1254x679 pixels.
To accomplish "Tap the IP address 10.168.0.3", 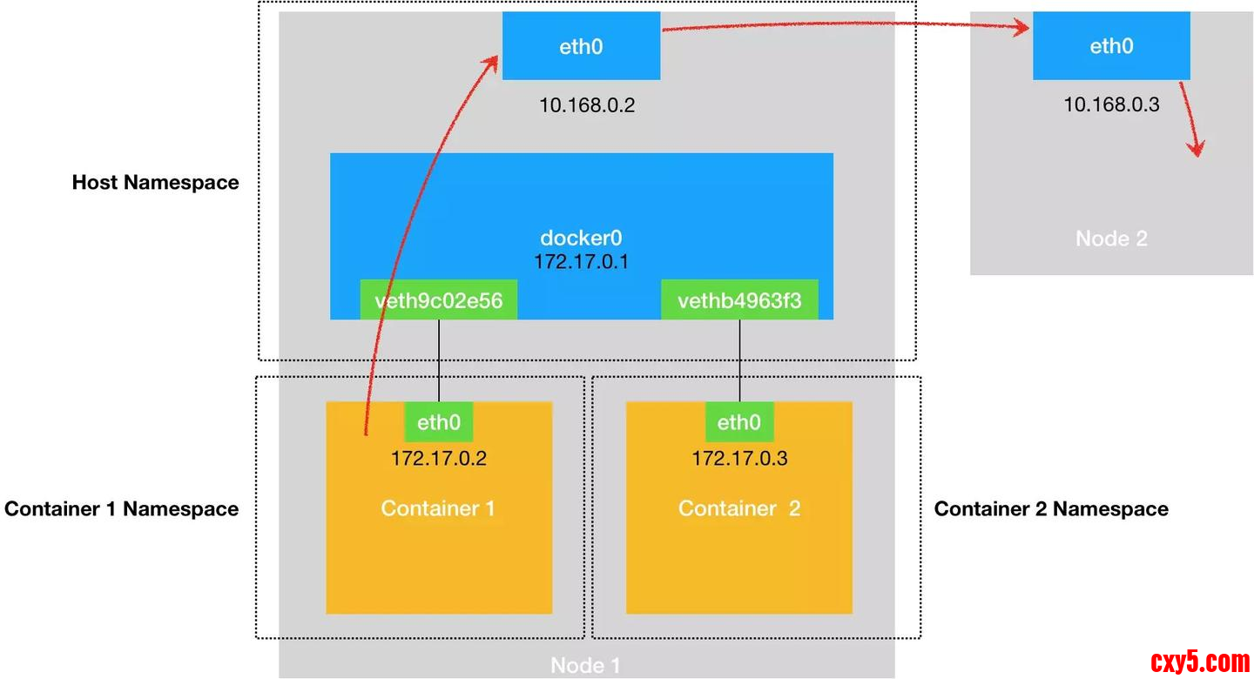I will [1111, 104].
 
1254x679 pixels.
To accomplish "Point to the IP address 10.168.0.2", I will [587, 106].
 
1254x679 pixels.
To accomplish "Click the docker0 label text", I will [581, 238].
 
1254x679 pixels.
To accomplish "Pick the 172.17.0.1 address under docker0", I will [581, 260].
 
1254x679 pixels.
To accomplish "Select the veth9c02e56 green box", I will [438, 301].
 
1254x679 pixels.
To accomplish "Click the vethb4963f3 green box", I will [739, 301].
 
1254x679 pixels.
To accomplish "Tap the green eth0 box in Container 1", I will [438, 423].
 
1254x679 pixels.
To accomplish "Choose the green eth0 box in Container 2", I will [738, 423].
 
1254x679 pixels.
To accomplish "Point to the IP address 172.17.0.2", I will [438, 458].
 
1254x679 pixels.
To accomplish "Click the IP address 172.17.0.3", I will [739, 458].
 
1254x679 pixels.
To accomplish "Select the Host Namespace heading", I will [155, 183].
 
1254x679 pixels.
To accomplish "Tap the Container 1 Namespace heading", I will [121, 509].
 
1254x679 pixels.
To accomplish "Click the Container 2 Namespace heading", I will [1051, 509].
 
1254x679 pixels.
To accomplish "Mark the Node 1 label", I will [585, 666].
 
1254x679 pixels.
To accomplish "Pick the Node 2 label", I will [1111, 239].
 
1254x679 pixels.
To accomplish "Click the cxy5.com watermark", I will [1200, 662].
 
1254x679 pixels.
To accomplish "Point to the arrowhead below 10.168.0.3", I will [1197, 148].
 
